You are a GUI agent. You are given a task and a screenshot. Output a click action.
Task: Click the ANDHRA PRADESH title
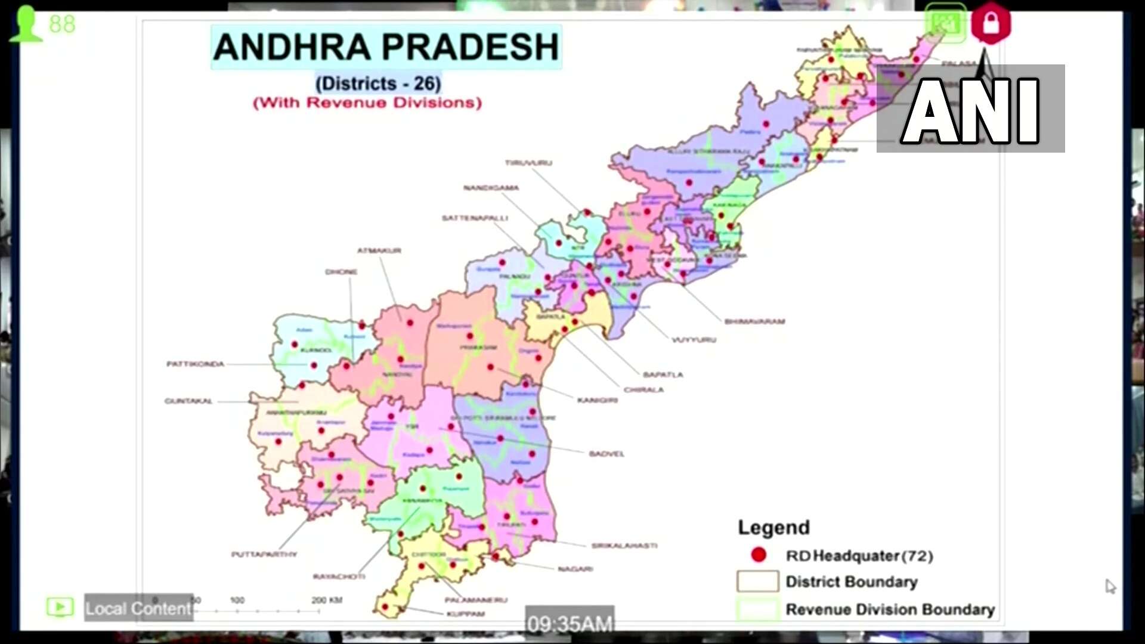point(386,47)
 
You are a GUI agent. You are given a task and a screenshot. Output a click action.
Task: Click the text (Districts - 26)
point(378,83)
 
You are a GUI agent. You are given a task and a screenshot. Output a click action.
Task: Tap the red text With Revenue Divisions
point(367,103)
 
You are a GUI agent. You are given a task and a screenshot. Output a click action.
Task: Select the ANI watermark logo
point(970,110)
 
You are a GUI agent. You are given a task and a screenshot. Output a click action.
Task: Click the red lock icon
point(991,23)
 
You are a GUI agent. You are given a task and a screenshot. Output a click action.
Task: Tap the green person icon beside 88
point(25,24)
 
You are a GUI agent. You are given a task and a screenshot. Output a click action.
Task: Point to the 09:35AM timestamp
point(570,624)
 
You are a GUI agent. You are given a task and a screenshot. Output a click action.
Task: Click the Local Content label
point(138,608)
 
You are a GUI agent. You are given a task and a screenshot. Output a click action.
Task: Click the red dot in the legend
point(759,555)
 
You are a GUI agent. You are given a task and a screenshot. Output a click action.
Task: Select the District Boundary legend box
point(757,581)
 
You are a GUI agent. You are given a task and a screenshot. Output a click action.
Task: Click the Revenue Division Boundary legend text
point(890,609)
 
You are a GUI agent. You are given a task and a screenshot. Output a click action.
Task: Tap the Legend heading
point(773,527)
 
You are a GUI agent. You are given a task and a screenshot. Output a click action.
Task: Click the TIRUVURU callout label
point(528,163)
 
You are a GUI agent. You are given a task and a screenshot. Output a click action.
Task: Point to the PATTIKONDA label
point(195,364)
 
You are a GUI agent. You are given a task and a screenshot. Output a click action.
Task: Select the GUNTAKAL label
point(188,401)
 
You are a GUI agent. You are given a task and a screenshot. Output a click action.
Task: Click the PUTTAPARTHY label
point(264,555)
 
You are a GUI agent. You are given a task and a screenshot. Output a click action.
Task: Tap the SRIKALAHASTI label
point(624,546)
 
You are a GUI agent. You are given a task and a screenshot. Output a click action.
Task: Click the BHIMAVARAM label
point(754,321)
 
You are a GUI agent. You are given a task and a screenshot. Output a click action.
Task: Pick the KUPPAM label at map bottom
point(465,614)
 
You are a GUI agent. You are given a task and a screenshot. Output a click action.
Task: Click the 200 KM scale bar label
point(326,600)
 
